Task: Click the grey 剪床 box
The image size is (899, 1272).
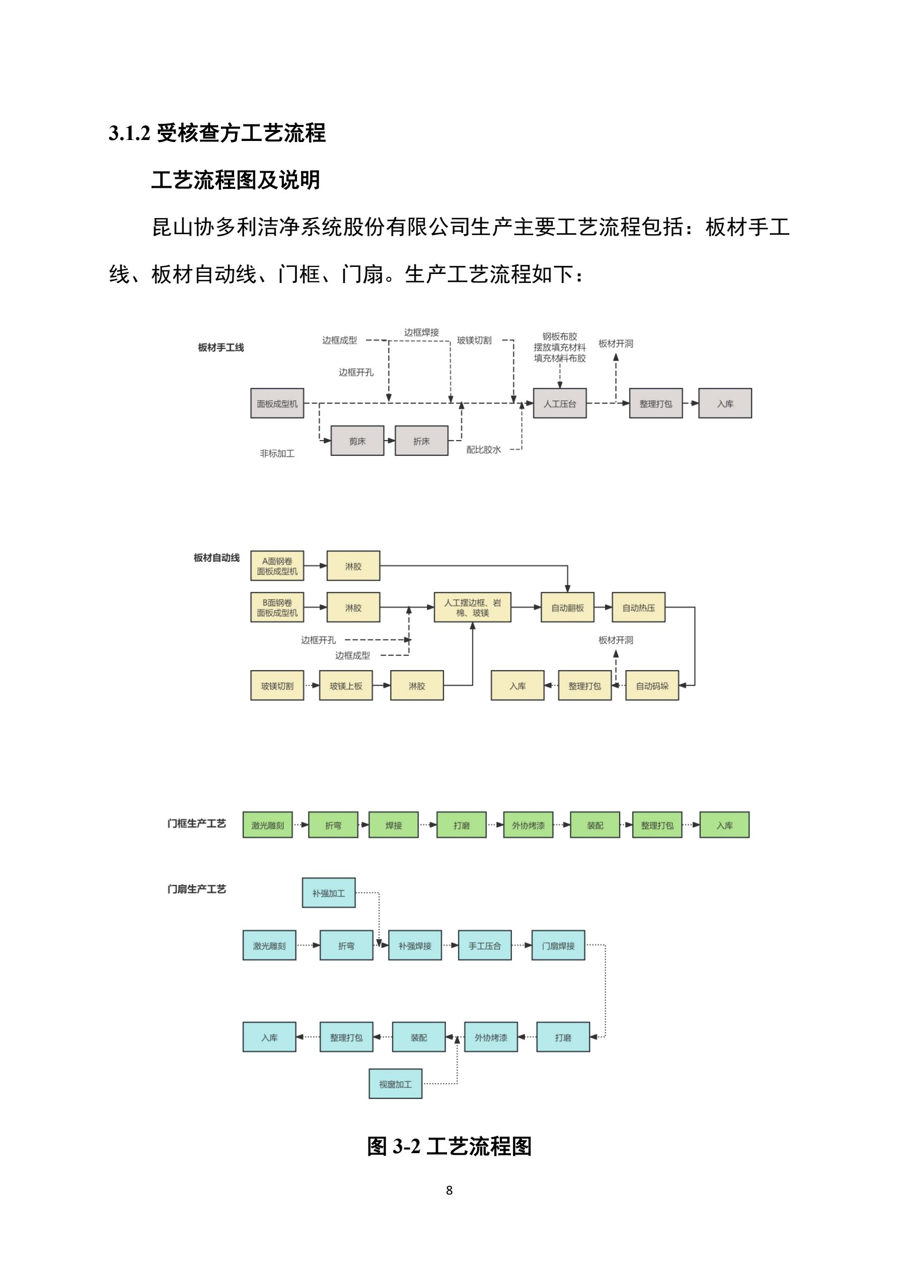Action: pyautogui.click(x=357, y=441)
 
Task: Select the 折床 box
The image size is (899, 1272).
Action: pyautogui.click(x=421, y=441)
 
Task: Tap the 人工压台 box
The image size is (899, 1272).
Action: pyautogui.click(x=559, y=403)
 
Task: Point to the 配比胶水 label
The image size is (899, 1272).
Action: pyautogui.click(x=483, y=449)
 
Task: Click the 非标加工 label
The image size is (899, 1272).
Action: pyautogui.click(x=277, y=453)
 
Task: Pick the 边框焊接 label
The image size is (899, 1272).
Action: pyautogui.click(x=421, y=332)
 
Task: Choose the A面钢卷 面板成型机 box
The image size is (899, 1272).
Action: pyautogui.click(x=277, y=566)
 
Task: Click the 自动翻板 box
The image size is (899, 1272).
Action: pyautogui.click(x=567, y=607)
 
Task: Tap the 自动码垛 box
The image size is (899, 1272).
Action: pyautogui.click(x=652, y=685)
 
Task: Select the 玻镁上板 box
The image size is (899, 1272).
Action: pyautogui.click(x=346, y=685)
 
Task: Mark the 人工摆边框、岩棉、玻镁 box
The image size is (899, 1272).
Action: pyautogui.click(x=472, y=607)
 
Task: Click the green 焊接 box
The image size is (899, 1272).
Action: pyautogui.click(x=393, y=825)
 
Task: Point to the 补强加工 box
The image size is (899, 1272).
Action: pyautogui.click(x=329, y=893)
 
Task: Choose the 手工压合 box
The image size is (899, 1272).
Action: pyautogui.click(x=485, y=946)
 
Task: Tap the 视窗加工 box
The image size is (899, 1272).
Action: pyautogui.click(x=396, y=1084)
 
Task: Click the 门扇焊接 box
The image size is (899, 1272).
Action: pyautogui.click(x=558, y=946)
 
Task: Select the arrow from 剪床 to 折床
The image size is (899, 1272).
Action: pyautogui.click(x=390, y=441)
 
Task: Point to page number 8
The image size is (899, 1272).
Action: pyautogui.click(x=449, y=1190)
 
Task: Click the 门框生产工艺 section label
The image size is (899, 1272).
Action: pyautogui.click(x=197, y=824)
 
